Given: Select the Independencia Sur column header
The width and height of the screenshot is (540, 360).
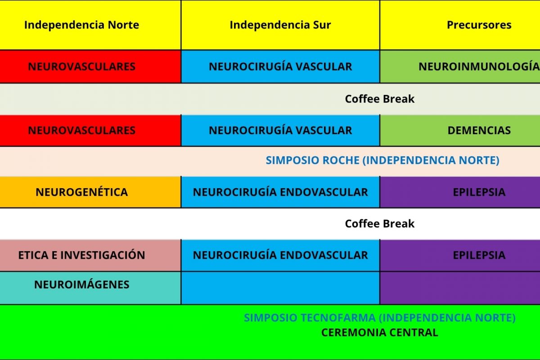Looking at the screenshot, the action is pyautogui.click(x=280, y=25).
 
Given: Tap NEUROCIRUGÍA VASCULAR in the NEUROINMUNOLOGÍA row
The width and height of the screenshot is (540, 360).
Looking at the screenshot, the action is pyautogui.click(x=280, y=67).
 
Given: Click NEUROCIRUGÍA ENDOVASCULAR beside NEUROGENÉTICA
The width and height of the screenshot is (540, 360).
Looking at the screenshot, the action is pyautogui.click(x=280, y=192).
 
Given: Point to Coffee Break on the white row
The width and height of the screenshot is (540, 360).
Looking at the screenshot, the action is pyautogui.click(x=380, y=224).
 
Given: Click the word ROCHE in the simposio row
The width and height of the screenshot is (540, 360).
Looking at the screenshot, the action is pyautogui.click(x=341, y=160).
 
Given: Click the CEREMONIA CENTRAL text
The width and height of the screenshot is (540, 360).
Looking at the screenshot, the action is pyautogui.click(x=380, y=333).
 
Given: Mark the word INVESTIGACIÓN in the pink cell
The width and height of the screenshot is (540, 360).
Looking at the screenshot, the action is pyautogui.click(x=103, y=255).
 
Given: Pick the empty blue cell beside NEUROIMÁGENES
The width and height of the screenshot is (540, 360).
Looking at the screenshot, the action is pyautogui.click(x=280, y=288).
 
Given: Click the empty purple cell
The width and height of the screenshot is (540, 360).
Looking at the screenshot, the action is pyautogui.click(x=460, y=288).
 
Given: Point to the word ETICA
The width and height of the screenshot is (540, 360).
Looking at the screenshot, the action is pyautogui.click(x=33, y=255).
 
